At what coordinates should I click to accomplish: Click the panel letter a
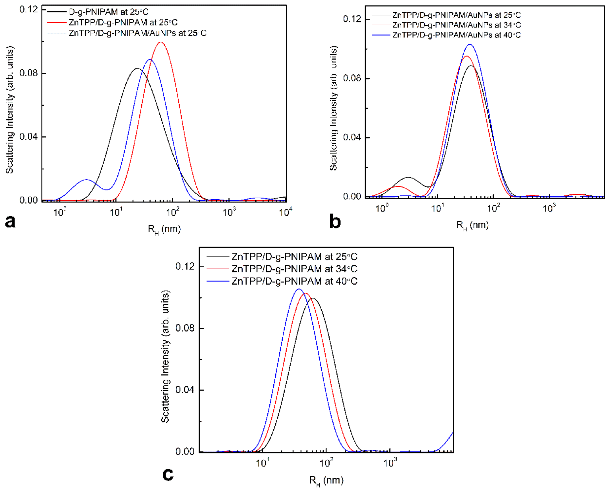click(x=10, y=222)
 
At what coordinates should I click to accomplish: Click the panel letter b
click(x=335, y=222)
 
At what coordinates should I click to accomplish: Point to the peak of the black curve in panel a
click(x=137, y=68)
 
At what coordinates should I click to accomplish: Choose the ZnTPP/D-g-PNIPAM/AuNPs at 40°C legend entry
click(x=456, y=35)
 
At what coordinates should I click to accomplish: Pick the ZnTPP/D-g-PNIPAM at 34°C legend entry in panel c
click(x=294, y=269)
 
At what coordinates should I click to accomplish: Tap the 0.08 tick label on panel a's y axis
click(x=28, y=73)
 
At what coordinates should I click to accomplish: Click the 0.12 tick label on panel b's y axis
click(x=352, y=19)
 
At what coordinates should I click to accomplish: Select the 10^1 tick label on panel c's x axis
click(x=263, y=463)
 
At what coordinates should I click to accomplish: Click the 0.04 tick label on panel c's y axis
click(x=185, y=390)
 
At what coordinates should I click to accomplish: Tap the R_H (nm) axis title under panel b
click(x=472, y=225)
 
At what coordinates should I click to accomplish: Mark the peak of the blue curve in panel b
click(x=470, y=44)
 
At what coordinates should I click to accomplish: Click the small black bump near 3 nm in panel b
click(x=408, y=177)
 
